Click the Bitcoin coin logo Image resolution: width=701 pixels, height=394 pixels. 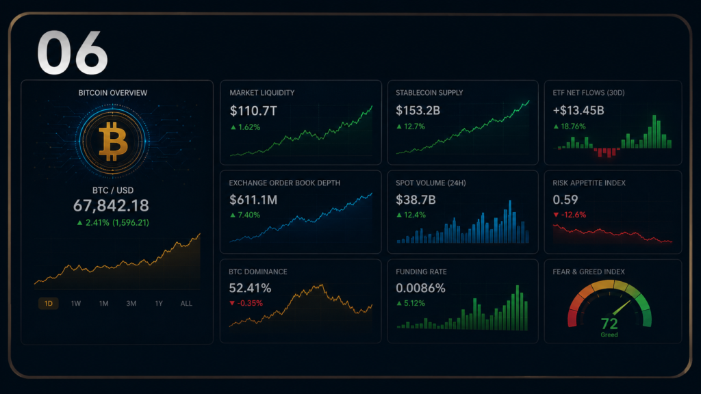pos(113,141)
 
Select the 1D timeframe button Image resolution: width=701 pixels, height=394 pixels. pos(49,303)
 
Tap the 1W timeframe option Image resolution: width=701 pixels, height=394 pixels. pos(76,303)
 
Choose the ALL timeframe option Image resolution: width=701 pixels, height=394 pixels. pos(186,303)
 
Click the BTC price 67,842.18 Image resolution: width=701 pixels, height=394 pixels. pos(111,205)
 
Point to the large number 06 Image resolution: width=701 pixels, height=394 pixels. pos(73,53)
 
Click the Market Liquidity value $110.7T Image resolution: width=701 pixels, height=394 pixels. pos(253,111)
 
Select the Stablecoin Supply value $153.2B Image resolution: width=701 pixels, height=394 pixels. pos(418,110)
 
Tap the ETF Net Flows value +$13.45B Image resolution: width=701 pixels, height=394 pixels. pos(578,110)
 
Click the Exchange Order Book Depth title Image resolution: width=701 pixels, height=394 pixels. pos(284,183)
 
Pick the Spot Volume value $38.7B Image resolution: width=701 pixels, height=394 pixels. pos(416,200)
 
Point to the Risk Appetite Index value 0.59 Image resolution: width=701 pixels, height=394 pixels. pos(565,199)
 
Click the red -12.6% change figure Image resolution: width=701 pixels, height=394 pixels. pos(570,215)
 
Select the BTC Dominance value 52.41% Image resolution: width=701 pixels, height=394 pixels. pos(250,288)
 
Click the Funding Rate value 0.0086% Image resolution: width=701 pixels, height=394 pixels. pos(420,288)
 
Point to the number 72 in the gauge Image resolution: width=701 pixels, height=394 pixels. pos(609,324)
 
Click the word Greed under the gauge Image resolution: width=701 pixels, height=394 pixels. pos(609,335)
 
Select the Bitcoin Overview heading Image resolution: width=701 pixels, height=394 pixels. pos(113,93)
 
